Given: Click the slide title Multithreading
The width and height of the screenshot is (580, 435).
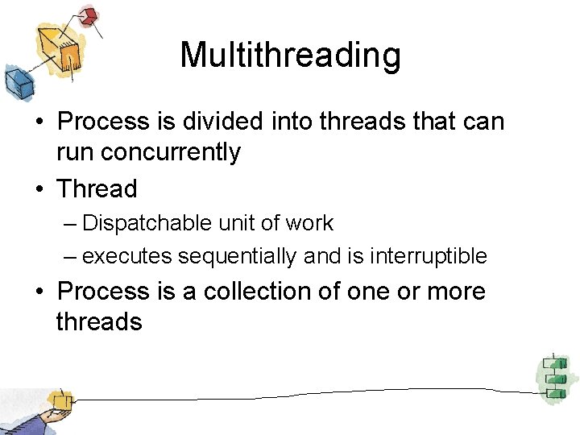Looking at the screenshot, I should pos(290,56).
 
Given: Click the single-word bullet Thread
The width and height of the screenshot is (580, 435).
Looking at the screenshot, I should pos(97,189).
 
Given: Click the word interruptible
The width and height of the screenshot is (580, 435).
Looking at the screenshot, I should pos(428,256).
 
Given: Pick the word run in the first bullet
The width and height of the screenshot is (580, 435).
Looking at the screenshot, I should pos(73,152).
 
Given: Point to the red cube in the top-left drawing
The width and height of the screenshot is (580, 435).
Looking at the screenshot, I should pos(88,15).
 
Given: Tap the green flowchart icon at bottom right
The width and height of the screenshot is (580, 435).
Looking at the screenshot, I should pos(553,376).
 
